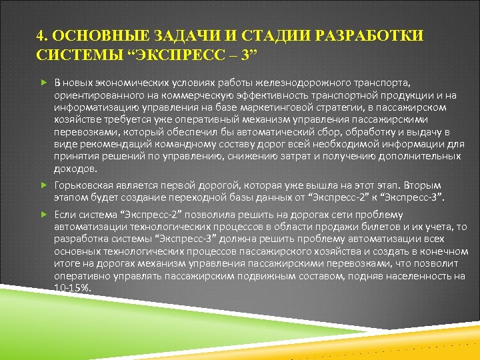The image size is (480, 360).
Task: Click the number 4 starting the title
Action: pos(41,35)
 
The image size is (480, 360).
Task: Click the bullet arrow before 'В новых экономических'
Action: pos(43,82)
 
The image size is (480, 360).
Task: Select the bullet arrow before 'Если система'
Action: pos(43,215)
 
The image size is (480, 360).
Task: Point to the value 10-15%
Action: pos(73,287)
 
